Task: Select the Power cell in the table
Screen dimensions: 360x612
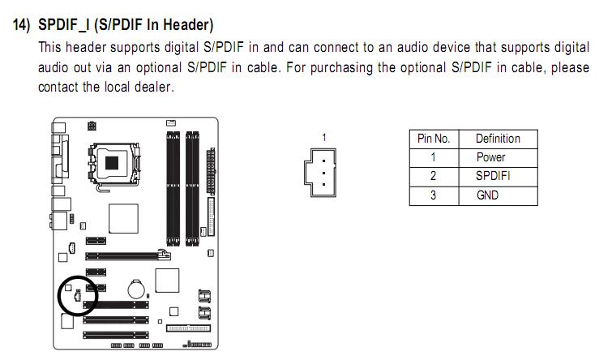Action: click(490, 157)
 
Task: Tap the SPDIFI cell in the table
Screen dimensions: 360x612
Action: click(493, 176)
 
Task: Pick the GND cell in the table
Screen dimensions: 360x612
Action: click(488, 195)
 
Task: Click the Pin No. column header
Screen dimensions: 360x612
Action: click(433, 139)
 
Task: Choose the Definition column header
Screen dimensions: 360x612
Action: click(498, 139)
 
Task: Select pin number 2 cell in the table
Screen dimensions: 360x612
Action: click(433, 176)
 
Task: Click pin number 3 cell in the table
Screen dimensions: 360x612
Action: click(433, 195)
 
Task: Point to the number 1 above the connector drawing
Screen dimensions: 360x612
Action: click(323, 138)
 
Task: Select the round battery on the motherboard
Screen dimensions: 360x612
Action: click(136, 288)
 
